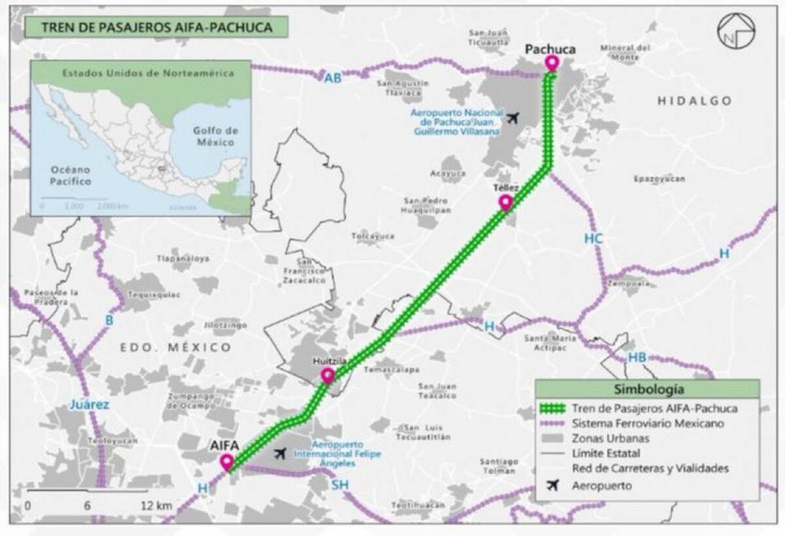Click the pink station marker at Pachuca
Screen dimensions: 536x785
[553, 63]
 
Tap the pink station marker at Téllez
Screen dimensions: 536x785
[506, 202]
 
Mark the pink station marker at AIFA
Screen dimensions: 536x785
[228, 462]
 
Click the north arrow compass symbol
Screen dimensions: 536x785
[735, 31]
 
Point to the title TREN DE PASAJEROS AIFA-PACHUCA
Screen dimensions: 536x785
[156, 27]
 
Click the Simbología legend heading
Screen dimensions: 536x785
[648, 390]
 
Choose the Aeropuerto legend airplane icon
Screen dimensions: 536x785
[553, 486]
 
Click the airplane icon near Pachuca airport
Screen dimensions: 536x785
[514, 118]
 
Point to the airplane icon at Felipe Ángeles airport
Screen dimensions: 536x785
[281, 452]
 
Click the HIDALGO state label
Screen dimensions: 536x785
[694, 101]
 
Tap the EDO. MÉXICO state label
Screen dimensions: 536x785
[176, 347]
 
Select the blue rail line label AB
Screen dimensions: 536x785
[333, 78]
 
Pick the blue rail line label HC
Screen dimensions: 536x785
[593, 239]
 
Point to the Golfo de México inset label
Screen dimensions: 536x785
[214, 135]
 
